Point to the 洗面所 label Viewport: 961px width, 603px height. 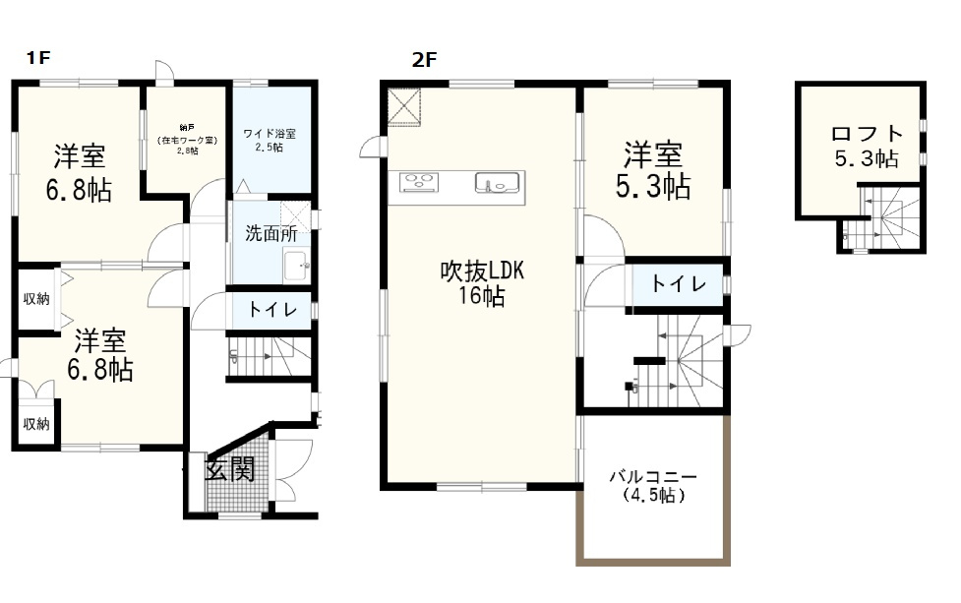pos(271,234)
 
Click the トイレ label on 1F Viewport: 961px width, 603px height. pos(268,309)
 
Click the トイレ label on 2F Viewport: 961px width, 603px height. pos(679,284)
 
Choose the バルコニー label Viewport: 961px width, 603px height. pos(653,477)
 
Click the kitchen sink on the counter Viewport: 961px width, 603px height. pos(496,182)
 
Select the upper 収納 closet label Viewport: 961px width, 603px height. pos(36,298)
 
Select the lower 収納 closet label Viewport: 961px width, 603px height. pos(36,424)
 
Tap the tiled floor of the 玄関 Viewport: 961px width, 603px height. pos(236,497)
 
